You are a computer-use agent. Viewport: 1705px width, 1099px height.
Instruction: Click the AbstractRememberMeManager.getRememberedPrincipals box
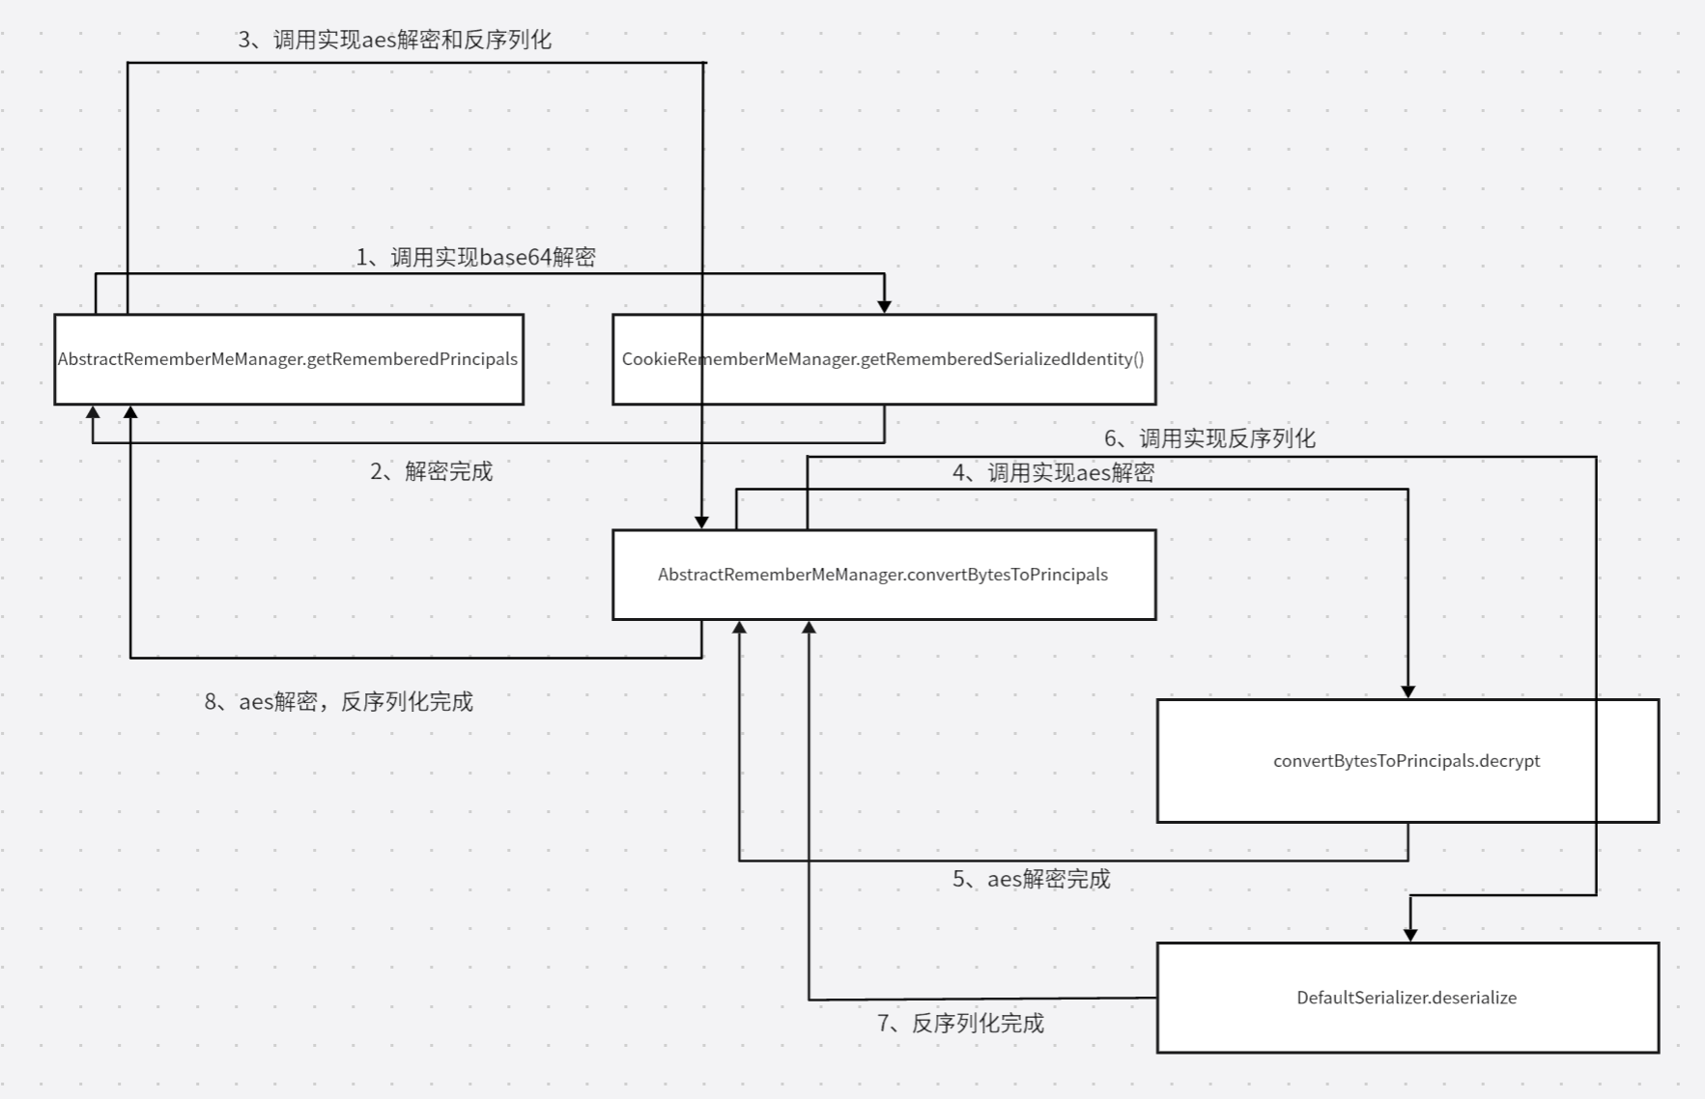click(288, 359)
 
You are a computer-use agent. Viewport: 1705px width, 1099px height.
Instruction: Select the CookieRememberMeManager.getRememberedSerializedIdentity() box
click(884, 359)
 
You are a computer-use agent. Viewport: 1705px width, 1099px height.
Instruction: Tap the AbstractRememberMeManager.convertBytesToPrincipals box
click(884, 575)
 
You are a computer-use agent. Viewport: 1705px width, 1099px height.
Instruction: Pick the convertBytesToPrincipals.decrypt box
click(1407, 761)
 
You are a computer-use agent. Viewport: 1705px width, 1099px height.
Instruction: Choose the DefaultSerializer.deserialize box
click(1407, 998)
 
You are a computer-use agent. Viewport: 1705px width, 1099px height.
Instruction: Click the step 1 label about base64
click(475, 257)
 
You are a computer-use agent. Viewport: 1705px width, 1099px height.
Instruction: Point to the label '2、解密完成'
click(431, 471)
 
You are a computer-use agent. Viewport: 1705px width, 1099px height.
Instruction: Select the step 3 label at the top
click(394, 40)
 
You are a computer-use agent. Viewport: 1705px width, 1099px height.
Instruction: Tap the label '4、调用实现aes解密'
click(1053, 472)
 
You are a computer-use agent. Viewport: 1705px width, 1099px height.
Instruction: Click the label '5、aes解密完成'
click(1031, 879)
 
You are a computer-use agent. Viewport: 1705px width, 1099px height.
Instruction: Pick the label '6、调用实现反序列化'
click(1209, 438)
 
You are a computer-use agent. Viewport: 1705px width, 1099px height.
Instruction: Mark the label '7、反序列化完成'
click(960, 1024)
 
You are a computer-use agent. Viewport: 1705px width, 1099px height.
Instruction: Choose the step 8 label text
click(338, 702)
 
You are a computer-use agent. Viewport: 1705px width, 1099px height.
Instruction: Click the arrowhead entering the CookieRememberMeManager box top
click(884, 307)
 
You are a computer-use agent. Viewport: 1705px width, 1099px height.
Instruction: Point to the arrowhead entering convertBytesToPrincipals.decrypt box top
click(1407, 692)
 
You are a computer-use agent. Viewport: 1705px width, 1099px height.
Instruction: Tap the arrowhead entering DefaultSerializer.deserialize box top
click(1410, 935)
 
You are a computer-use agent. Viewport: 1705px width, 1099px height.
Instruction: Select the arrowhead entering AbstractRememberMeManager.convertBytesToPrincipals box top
click(702, 522)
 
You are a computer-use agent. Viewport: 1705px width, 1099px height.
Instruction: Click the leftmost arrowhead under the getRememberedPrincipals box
click(93, 411)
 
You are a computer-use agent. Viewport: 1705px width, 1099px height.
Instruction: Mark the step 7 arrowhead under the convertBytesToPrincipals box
click(810, 628)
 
